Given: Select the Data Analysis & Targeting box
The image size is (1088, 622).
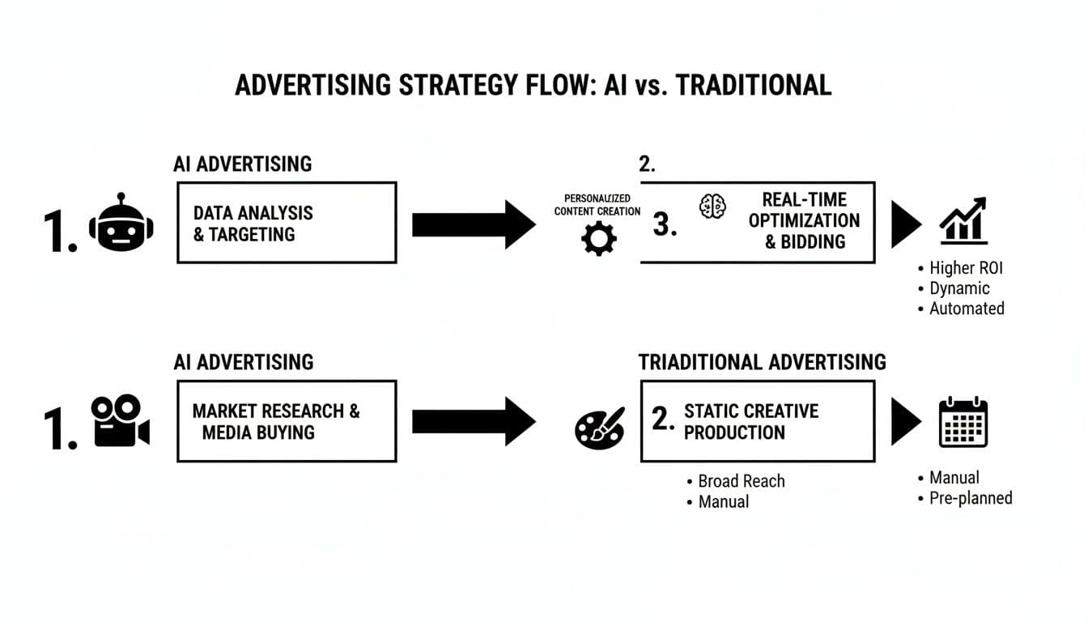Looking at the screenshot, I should (x=287, y=223).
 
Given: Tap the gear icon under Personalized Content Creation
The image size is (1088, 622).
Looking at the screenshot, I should (x=599, y=238).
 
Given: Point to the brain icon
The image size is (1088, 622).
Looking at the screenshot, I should (x=712, y=207).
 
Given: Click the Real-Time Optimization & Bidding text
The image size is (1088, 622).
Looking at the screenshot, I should (x=804, y=220).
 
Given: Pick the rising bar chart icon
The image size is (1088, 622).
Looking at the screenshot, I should (x=963, y=220).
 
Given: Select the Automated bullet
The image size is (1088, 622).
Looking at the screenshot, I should (x=966, y=309).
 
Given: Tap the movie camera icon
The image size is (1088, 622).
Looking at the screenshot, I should (x=120, y=421).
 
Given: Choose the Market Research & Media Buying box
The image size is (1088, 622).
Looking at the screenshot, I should (x=287, y=421).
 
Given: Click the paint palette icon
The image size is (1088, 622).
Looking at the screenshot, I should (x=599, y=427).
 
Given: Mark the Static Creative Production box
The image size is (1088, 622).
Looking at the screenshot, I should (x=757, y=421).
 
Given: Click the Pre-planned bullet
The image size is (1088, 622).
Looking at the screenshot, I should (x=970, y=498).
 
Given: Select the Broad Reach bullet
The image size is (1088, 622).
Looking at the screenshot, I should (x=741, y=481).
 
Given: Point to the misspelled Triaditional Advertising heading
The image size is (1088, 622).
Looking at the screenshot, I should (x=762, y=362).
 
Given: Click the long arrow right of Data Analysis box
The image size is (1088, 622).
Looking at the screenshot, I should (x=474, y=224).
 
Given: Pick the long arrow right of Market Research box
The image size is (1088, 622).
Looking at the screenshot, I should (x=474, y=421).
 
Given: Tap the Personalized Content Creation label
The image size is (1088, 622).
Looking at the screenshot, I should (x=597, y=205).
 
